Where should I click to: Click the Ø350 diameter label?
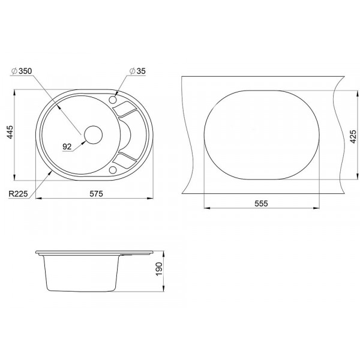pos(22,71)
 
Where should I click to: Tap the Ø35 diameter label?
pos(137,71)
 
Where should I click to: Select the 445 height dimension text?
pos(10,132)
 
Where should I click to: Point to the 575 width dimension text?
pos(96,194)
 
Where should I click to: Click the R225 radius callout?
pos(18,194)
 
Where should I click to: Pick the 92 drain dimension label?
pos(67,146)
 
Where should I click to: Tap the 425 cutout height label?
pos(353,136)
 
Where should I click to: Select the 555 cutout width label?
pos(261,203)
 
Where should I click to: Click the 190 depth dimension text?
pos(159,269)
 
